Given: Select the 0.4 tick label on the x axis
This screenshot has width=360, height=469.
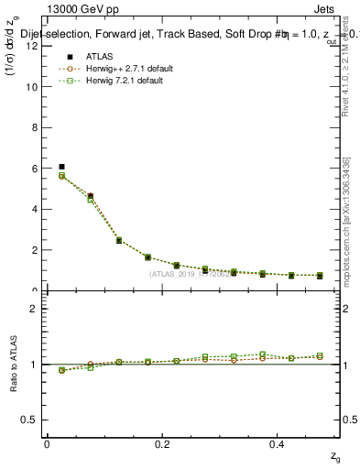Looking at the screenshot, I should pyautogui.click(x=279, y=444).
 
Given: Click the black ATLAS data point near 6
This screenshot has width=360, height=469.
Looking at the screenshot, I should pyautogui.click(x=61, y=167).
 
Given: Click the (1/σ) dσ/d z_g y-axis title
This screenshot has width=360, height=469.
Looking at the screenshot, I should pyautogui.click(x=13, y=57).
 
